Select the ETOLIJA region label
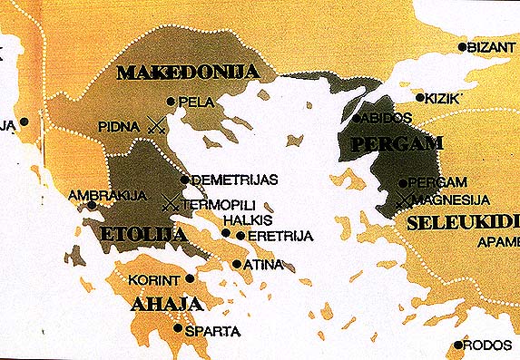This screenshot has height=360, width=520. [139, 235]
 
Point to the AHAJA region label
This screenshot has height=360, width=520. [165, 304]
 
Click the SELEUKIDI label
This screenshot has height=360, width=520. [463, 221]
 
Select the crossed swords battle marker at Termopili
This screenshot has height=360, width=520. [170, 205]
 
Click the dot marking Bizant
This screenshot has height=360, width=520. [463, 46]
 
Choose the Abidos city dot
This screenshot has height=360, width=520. [357, 118]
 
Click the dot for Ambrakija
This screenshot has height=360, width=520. [92, 205]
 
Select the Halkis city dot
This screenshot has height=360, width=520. [226, 233]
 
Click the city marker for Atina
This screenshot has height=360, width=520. [237, 265]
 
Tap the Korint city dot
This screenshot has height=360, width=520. [190, 278]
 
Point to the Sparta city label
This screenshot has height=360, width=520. [213, 331]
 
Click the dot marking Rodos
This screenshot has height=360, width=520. [458, 345]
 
